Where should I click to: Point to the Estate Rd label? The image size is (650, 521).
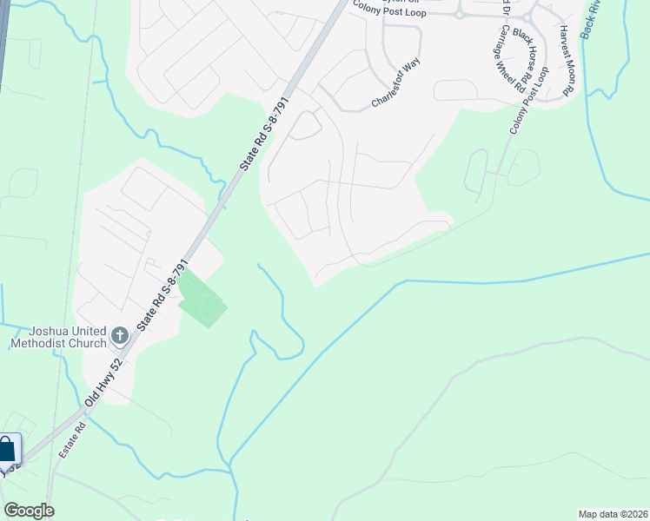point(71,440)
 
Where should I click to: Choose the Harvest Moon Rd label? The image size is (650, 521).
point(568,60)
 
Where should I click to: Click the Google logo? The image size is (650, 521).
point(29,511)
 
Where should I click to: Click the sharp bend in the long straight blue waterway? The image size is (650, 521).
point(405,281)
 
